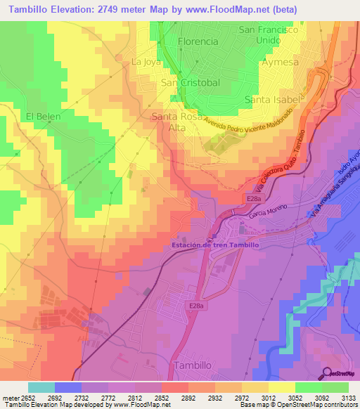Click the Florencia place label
click(198, 41)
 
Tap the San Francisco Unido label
click(269, 36)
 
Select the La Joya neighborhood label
click(146, 62)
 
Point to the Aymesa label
click(280, 62)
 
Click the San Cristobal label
click(191, 83)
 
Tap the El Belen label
click(44, 116)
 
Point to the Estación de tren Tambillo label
click(216, 245)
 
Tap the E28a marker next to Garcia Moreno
click(255, 200)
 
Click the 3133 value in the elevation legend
click(348, 397)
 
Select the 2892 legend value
click(189, 397)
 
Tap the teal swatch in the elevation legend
click(41, 387)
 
